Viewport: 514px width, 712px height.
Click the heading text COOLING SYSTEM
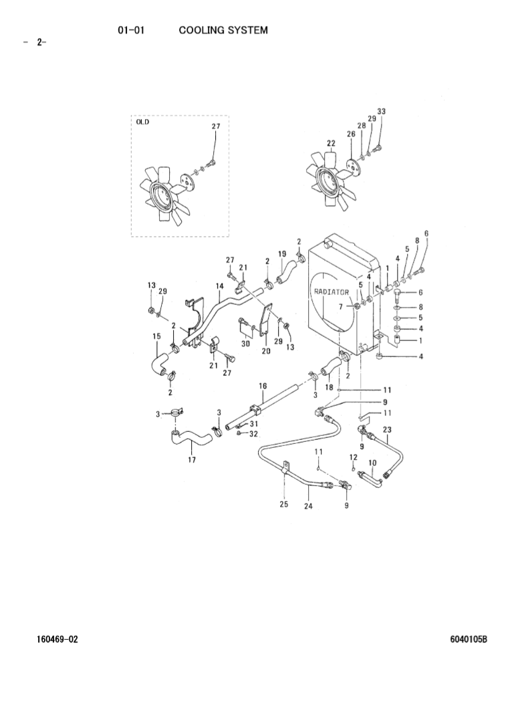coord(223,30)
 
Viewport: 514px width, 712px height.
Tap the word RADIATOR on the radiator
coord(332,292)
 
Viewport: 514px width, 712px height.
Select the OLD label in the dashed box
coord(142,122)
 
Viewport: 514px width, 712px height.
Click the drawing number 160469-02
coord(57,639)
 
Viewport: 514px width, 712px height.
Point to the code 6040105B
coord(469,639)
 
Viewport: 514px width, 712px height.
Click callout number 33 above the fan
coord(381,111)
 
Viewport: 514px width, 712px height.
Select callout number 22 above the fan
coord(331,143)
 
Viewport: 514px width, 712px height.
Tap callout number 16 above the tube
coord(263,386)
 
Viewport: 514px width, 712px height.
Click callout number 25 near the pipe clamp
coord(284,505)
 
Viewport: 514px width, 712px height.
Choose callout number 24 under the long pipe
coord(308,506)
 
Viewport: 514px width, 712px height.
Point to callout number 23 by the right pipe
coord(387,429)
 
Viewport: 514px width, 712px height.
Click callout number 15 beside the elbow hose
coord(157,336)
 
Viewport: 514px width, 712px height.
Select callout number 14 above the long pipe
coord(219,286)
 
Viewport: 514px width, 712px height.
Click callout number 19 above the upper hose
coord(282,253)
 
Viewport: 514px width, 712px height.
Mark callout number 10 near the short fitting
coord(372,462)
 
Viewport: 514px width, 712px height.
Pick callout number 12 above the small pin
coord(354,457)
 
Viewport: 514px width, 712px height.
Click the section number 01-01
coord(132,30)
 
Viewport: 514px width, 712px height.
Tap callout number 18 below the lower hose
coord(329,386)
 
